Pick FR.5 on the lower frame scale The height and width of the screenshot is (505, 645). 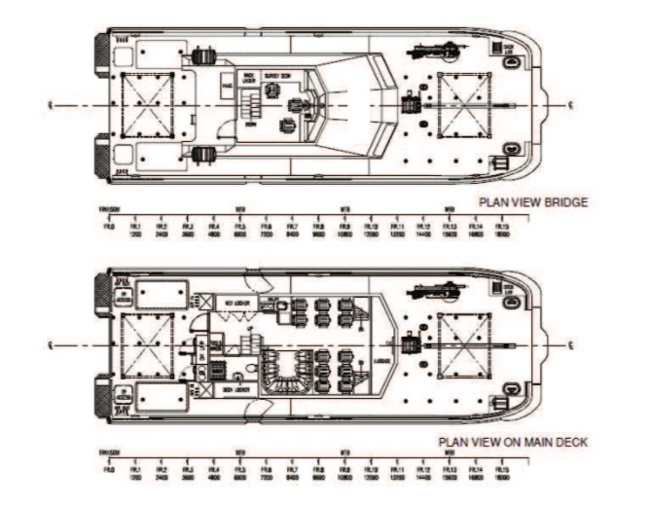[239, 464]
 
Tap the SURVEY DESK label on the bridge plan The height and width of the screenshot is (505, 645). [277, 74]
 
